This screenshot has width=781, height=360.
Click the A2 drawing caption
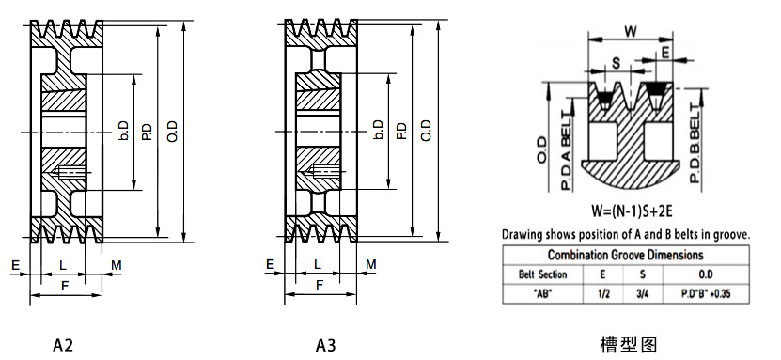point(63,345)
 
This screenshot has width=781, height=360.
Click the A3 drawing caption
point(326,345)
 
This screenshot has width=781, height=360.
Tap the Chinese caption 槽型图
point(629,344)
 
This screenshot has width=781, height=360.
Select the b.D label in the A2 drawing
point(124,130)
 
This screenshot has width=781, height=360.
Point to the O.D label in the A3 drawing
point(426,131)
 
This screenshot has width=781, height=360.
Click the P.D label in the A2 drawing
point(147,131)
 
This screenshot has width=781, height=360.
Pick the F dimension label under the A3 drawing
point(320,286)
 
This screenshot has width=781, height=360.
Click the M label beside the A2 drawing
point(116,265)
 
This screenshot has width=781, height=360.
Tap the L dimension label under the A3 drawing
point(318,265)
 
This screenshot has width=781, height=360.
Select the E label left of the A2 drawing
point(15,265)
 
